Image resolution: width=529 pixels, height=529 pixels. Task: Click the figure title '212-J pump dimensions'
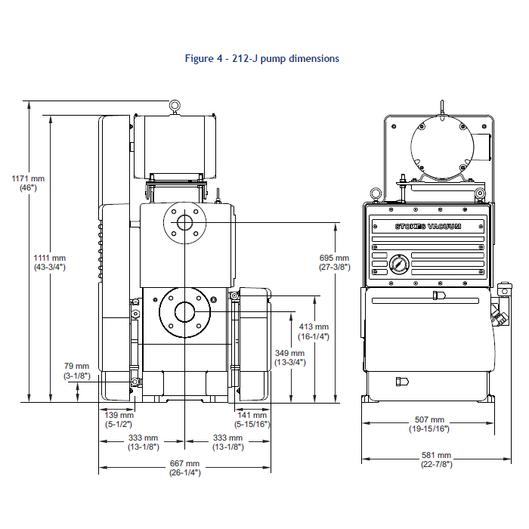coord(262,57)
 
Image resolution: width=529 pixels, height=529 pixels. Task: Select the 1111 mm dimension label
coord(50,262)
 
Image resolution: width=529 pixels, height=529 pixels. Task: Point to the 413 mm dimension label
coord(313,332)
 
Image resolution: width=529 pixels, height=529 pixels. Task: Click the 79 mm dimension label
coord(76,370)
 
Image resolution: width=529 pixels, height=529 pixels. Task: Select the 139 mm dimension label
coord(119,419)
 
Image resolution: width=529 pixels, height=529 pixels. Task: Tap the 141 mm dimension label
coord(252,419)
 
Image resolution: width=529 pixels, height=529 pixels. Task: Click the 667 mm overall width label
coord(184,468)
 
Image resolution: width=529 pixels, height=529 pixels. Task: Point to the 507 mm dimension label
coord(429,424)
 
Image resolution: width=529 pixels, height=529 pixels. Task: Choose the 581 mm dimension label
coord(437,459)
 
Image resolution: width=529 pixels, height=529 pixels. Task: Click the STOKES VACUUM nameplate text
coord(428,227)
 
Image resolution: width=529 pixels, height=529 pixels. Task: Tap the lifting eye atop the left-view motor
coord(175,106)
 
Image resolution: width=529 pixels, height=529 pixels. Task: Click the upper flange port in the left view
coord(184,223)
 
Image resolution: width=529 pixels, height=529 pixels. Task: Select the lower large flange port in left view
coord(184,311)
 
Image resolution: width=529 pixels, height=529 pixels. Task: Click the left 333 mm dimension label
coord(142,442)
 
